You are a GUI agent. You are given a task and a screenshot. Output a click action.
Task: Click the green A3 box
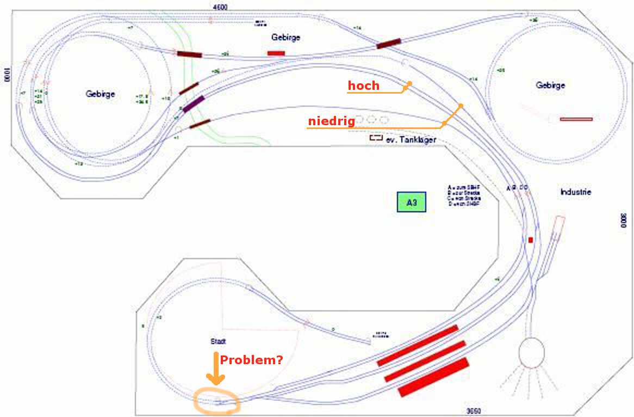[x=411, y=203]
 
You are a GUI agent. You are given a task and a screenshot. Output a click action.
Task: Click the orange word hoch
[x=364, y=85]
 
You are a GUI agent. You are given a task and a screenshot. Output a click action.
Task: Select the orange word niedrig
[x=332, y=121]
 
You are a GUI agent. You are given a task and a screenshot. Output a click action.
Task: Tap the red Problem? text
[x=252, y=360]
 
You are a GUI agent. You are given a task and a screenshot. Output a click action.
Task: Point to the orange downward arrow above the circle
[x=216, y=370]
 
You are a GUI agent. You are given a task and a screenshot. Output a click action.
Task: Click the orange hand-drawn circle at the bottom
[x=217, y=402]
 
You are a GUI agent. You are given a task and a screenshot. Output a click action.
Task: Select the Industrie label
[x=576, y=192]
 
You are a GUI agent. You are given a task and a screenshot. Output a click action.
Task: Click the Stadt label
[x=218, y=341]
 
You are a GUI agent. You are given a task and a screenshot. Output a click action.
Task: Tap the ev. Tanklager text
[x=411, y=140]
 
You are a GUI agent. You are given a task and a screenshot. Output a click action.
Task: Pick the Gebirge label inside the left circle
[x=101, y=94]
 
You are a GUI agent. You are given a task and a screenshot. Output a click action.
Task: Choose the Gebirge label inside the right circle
[x=550, y=85]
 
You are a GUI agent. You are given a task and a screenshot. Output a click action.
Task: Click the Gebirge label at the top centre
[x=285, y=38]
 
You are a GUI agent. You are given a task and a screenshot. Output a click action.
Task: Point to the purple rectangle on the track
[x=194, y=103]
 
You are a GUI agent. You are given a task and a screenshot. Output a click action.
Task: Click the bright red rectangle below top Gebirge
[x=276, y=53]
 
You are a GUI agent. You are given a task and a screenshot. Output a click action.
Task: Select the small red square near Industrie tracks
[x=531, y=240]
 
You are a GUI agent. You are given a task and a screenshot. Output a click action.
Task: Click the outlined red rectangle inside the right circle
[x=576, y=119]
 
